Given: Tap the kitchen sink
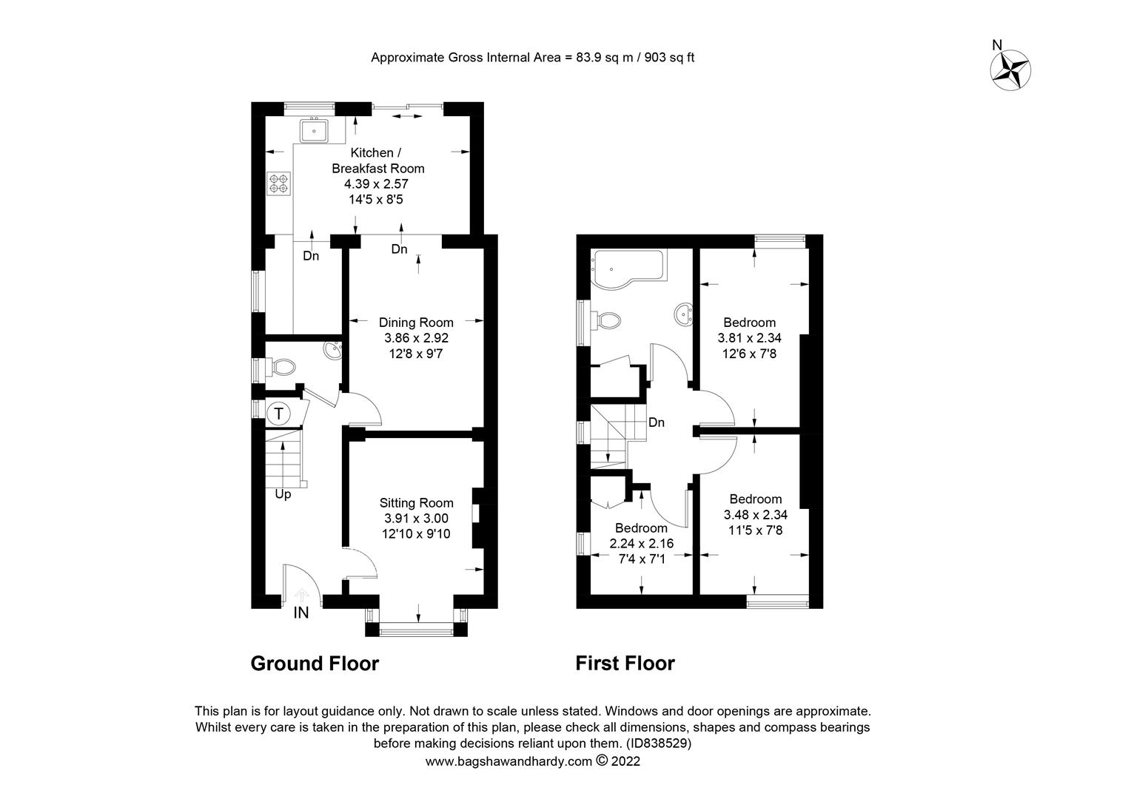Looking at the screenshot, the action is tap(314, 131).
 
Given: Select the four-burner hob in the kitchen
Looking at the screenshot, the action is tap(279, 183).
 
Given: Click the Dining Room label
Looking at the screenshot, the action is tap(416, 322).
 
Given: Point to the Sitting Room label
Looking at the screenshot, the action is tap(417, 503).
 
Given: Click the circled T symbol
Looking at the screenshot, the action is tap(278, 414).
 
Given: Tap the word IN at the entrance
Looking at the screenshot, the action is tap(301, 613).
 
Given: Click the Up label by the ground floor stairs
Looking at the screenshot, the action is tap(283, 494).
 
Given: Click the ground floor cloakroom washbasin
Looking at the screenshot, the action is tap(333, 350).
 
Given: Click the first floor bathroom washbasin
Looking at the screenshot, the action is tap(683, 314).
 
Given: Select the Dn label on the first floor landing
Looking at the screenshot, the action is tap(657, 422).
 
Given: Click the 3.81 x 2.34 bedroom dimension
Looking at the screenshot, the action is tap(749, 337).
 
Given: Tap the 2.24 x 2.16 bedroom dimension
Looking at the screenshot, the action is tap(641, 544).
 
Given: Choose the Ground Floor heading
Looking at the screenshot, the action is tap(315, 663).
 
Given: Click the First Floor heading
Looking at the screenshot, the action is tap(625, 663).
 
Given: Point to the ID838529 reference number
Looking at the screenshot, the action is tap(659, 743).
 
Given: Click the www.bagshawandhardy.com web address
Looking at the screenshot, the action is tap(509, 761).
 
